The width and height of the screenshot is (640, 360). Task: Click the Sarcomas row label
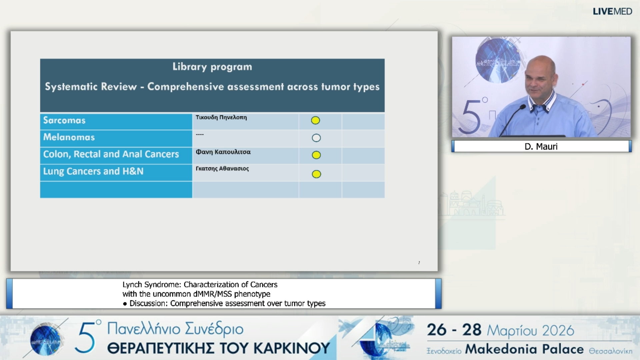click(x=64, y=120)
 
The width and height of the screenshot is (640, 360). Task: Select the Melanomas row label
click(x=69, y=137)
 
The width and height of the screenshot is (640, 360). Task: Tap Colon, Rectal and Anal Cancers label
click(x=111, y=154)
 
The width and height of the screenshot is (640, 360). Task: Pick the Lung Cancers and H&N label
click(x=93, y=171)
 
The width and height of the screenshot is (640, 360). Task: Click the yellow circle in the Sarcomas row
click(x=315, y=120)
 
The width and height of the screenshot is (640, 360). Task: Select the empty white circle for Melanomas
click(x=316, y=138)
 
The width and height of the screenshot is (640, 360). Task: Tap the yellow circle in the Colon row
click(x=316, y=155)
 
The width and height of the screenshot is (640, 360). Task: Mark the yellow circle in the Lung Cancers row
click(x=316, y=174)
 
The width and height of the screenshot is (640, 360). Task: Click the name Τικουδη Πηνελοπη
click(x=221, y=117)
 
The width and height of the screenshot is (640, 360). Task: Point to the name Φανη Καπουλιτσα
click(x=223, y=152)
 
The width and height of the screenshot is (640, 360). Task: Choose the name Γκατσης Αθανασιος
click(x=222, y=169)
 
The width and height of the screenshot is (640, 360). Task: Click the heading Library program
click(x=212, y=67)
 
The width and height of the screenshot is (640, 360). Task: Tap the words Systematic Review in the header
click(x=91, y=87)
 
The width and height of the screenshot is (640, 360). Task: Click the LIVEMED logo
click(x=612, y=11)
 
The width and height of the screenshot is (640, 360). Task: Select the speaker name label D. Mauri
click(x=541, y=146)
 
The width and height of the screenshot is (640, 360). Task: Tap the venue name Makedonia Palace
click(x=524, y=349)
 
